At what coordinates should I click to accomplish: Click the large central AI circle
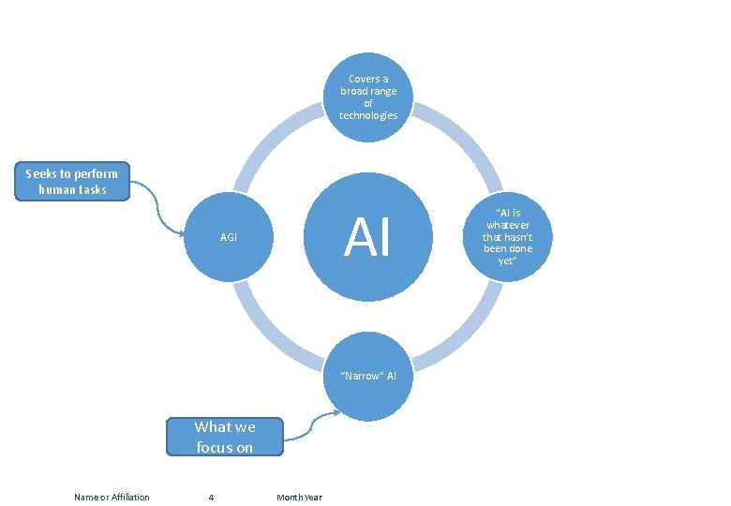coord(368,237)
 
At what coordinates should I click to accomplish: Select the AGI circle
coord(229,237)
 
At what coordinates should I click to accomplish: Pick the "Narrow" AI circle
coord(368,377)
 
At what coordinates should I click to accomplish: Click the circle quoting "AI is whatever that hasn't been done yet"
coord(507,237)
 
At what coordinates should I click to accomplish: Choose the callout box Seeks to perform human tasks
coord(72,182)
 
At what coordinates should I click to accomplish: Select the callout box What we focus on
coord(224,437)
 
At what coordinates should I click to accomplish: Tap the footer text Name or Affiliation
coord(112,497)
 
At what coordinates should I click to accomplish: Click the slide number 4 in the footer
coord(211,497)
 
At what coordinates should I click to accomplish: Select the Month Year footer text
coord(299,497)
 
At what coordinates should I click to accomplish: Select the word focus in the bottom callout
coord(213,447)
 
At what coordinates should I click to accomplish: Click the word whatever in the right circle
coord(507,226)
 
